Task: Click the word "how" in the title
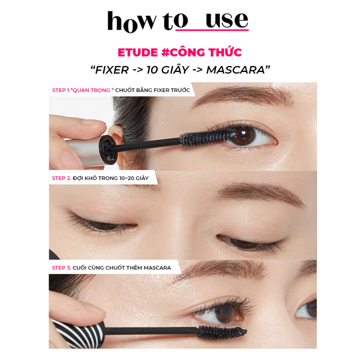tap(131, 22)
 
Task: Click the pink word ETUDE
tap(138, 53)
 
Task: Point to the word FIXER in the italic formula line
tap(112, 70)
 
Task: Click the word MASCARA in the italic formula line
tap(235, 70)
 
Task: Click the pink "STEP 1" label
tap(60, 90)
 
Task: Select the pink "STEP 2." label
tap(62, 178)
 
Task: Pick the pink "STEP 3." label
tap(62, 268)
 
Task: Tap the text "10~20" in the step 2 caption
tap(127, 178)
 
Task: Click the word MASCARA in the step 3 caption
tap(157, 268)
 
